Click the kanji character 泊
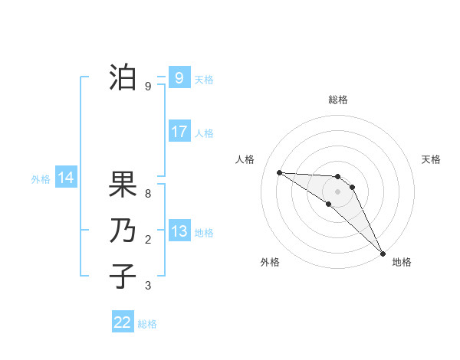[x=123, y=77]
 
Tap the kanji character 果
[x=123, y=185]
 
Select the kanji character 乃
[x=123, y=231]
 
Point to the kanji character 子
[x=123, y=275]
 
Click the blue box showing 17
[x=179, y=132]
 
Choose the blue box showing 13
[x=179, y=231]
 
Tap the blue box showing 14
[x=65, y=178]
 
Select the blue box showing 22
[x=123, y=322]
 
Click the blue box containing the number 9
[x=179, y=77]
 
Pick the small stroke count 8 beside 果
[x=148, y=194]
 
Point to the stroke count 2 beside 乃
[x=148, y=240]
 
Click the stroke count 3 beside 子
[x=148, y=286]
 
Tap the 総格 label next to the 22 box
[x=147, y=324]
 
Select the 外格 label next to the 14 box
[x=41, y=179]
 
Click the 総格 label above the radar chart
[x=337, y=100]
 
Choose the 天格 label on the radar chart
[x=431, y=159]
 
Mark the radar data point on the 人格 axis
[x=279, y=172]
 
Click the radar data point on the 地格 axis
[x=383, y=253]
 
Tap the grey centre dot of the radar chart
[x=337, y=191]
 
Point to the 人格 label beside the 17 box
[x=204, y=133]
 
